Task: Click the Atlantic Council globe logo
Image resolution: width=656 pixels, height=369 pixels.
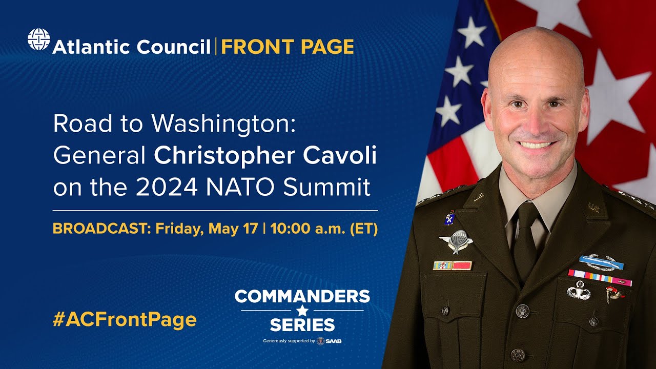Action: [x=38, y=39]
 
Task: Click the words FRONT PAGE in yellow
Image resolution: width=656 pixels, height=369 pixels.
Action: [x=288, y=47]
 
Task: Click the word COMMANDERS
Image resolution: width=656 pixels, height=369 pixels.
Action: [x=302, y=296]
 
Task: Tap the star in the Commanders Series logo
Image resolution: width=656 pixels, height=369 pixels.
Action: [x=302, y=311]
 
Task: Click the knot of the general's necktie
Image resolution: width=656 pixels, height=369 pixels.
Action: [x=526, y=213]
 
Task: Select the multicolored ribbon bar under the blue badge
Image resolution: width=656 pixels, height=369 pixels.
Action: [x=600, y=277]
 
